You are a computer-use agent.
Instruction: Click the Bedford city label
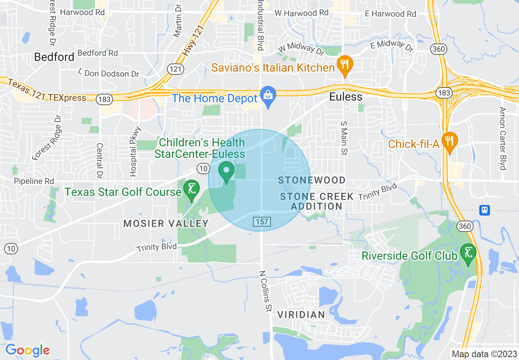54,57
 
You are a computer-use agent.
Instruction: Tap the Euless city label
346,97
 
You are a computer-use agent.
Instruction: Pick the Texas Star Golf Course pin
191,190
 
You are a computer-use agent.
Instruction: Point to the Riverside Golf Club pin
468,253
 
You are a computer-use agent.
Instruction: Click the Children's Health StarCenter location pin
226,171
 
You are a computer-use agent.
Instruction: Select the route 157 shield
261,221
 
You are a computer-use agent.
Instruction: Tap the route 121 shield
175,69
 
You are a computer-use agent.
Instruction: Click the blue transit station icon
485,210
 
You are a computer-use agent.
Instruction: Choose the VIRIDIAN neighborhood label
301,315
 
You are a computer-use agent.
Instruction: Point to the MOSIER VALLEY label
166,223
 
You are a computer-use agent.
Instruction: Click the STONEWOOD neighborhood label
312,180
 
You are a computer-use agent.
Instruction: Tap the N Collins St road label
266,291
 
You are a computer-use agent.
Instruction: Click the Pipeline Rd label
34,181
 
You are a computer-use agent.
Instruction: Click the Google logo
28,350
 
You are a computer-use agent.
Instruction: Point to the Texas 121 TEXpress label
47,92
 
